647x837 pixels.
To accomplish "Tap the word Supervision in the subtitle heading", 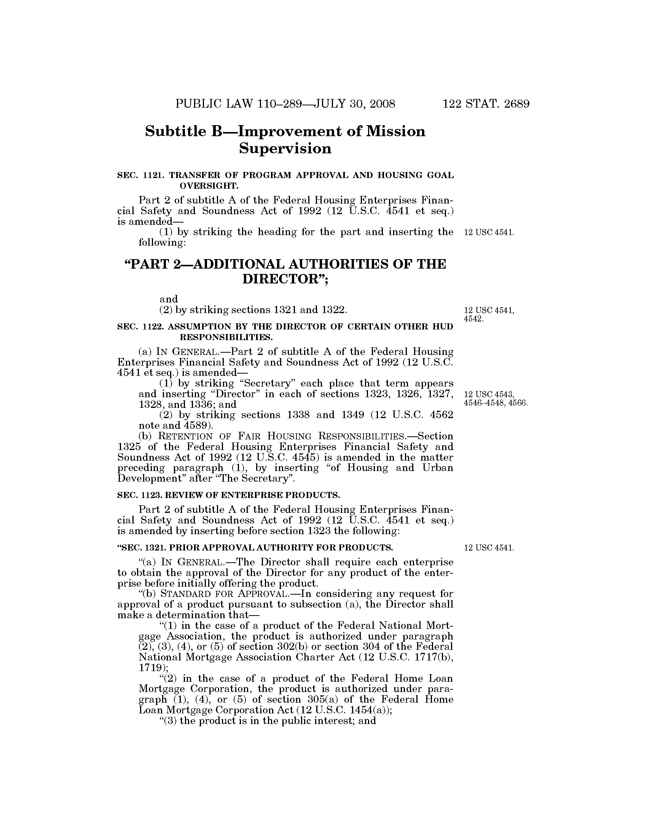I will coord(285,149).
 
